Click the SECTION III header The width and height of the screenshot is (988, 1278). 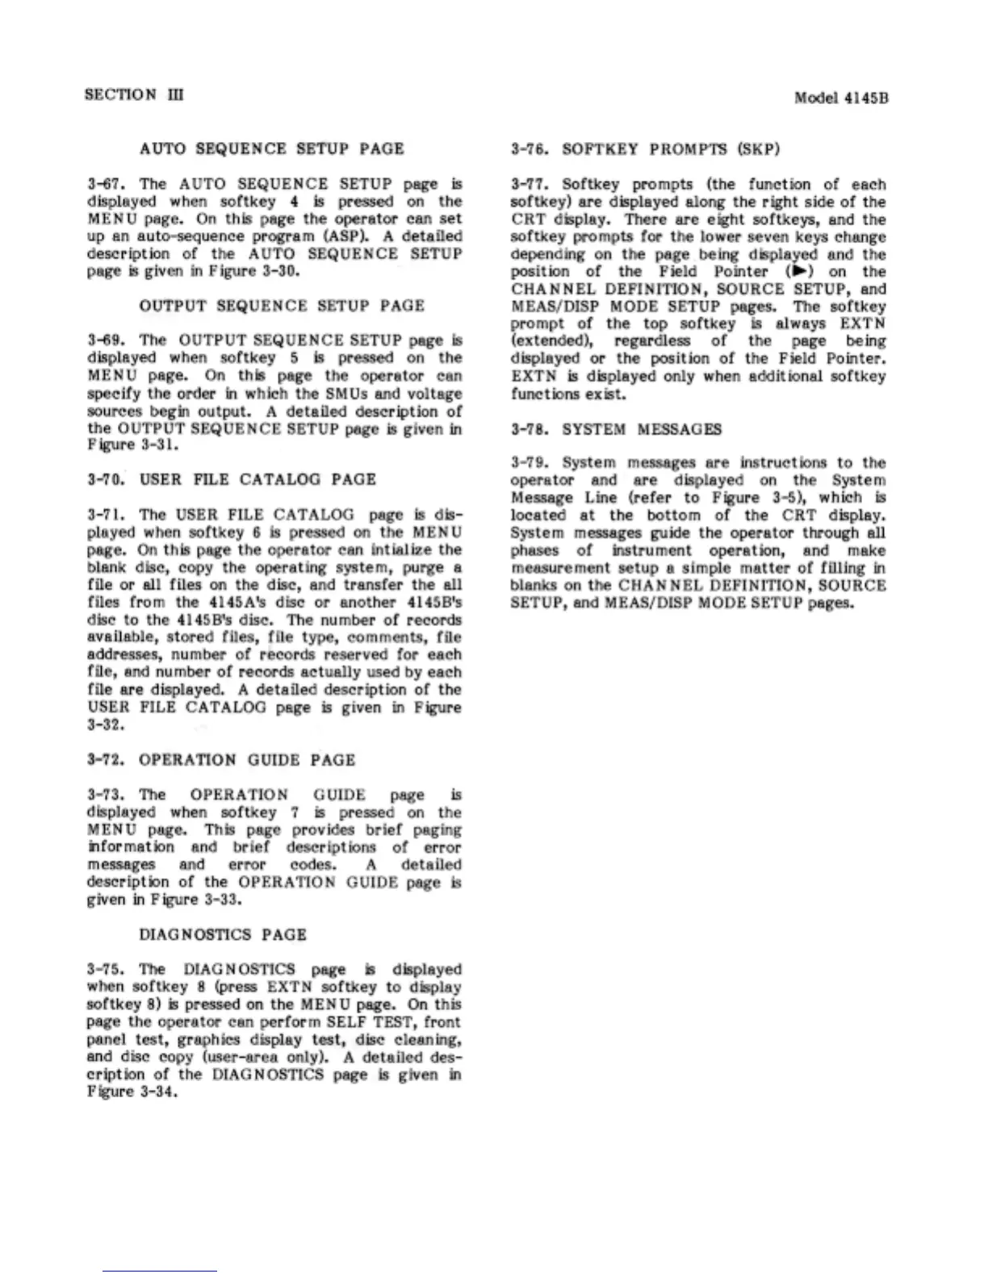click(134, 94)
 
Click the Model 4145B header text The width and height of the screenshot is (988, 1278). click(841, 98)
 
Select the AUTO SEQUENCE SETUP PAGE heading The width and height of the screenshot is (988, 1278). click(271, 148)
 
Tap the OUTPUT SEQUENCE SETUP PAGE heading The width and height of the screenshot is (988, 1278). click(281, 306)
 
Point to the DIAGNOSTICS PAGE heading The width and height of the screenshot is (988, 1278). click(223, 934)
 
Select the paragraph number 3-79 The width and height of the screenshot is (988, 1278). click(530, 463)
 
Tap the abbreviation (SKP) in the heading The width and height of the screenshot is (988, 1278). click(758, 149)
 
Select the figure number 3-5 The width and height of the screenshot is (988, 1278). click(781, 498)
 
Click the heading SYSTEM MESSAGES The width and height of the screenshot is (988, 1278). click(641, 429)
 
